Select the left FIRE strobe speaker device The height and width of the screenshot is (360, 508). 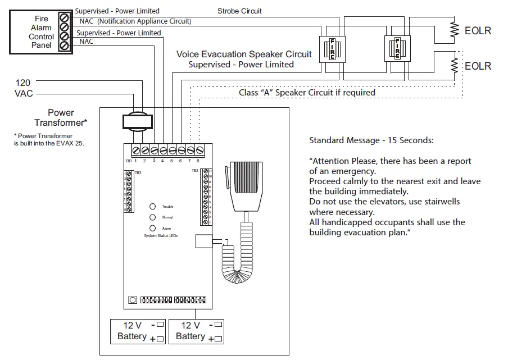coord(332,49)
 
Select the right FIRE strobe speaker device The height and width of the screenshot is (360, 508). coord(397,49)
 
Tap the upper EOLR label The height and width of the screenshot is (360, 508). coord(478,30)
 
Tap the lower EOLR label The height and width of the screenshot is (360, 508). coord(478,66)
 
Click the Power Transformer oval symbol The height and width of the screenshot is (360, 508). coord(137,122)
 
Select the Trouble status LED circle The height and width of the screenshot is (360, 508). coord(152,207)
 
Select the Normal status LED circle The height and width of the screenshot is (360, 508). coord(152,217)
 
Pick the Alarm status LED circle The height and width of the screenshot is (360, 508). coord(152,228)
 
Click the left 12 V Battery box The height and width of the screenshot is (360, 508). coord(138,331)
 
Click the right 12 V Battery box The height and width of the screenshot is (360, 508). coord(196,331)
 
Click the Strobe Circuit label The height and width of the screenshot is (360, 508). coord(239,11)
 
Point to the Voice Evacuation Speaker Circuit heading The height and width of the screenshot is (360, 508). coord(243,54)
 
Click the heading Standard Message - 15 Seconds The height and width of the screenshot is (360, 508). coord(371,140)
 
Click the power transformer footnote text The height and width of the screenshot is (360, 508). coord(51,140)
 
